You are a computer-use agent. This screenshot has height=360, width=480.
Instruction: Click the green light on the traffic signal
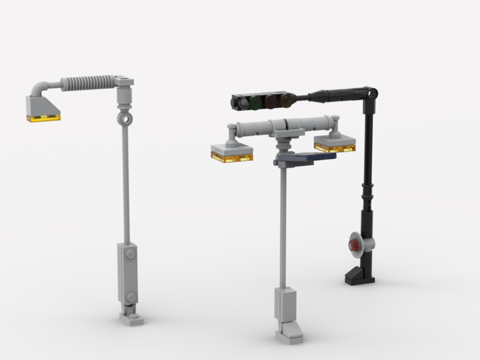pyautogui.click(x=254, y=102)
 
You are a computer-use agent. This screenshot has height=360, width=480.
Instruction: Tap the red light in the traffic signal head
pyautogui.click(x=271, y=101)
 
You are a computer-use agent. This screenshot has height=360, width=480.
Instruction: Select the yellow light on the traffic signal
pyautogui.click(x=286, y=100)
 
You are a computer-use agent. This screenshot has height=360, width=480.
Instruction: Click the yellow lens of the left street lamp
pyautogui.click(x=44, y=118)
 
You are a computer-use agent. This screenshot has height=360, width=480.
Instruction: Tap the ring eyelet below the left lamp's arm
pyautogui.click(x=124, y=118)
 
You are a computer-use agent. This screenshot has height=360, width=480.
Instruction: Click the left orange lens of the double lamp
pyautogui.click(x=232, y=157)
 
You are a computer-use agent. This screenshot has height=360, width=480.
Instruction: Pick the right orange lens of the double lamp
pyautogui.click(x=335, y=147)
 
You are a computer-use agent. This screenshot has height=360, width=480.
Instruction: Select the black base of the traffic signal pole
pyautogui.click(x=359, y=277)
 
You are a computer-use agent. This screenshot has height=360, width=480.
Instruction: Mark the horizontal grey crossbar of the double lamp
pyautogui.click(x=283, y=126)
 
